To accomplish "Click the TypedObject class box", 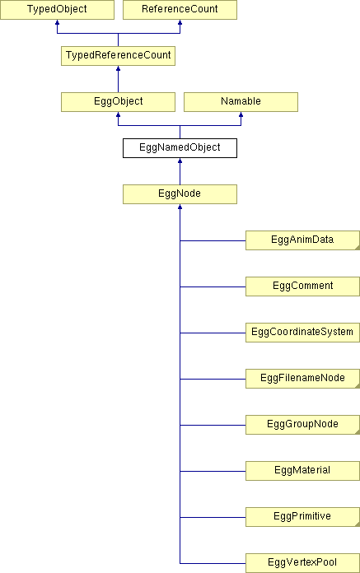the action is pos(57,10).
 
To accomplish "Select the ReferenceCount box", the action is pos(180,10).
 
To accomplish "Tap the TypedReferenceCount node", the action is pos(118,56).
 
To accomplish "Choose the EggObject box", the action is pos(118,102).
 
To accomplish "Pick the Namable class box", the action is pos(241,102).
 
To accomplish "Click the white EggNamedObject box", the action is pos(180,148).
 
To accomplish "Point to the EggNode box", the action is pos(180,194).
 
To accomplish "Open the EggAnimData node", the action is pos(302,240).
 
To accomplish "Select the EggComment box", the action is pos(302,286).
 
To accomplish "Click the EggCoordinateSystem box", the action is pos(302,332).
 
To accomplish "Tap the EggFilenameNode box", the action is pos(302,378).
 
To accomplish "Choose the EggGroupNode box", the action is pos(302,425).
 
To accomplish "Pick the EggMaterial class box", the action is pos(302,471).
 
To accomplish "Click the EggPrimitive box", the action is pos(302,517).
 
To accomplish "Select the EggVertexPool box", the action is pos(302,563).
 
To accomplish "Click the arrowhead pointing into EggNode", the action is pos(180,207).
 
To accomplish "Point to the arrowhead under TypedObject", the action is pos(57,22).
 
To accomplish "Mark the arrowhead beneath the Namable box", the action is pos(241,114).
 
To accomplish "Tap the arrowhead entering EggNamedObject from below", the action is pos(180,161).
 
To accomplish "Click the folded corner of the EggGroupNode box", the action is pos(358,432).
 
